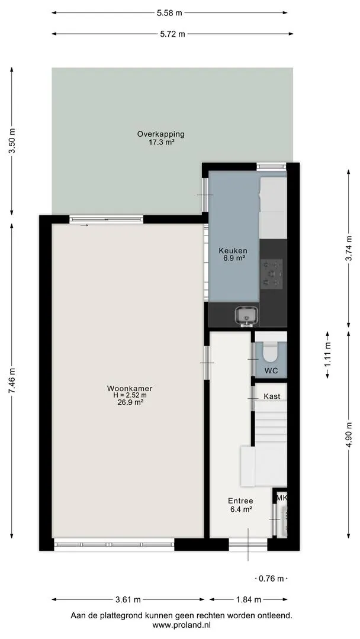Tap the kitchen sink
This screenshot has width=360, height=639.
pyautogui.click(x=247, y=316)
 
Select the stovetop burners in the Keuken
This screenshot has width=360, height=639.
pyautogui.click(x=272, y=273)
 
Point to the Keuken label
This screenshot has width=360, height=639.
pyautogui.click(x=233, y=251)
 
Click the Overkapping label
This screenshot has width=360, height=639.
pyautogui.click(x=161, y=134)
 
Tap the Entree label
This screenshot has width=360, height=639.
pyautogui.click(x=240, y=501)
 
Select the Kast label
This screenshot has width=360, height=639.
pyautogui.click(x=272, y=396)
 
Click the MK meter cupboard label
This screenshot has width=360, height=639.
pyautogui.click(x=282, y=498)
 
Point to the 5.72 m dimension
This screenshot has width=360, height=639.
pyautogui.click(x=173, y=34)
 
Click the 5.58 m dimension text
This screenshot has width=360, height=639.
pyautogui.click(x=169, y=12)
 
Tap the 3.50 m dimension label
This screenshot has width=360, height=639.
pyautogui.click(x=12, y=141)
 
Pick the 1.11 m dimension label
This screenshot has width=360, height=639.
pyautogui.click(x=327, y=354)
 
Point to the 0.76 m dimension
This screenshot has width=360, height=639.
pyautogui.click(x=272, y=579)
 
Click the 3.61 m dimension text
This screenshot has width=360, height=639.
pyautogui.click(x=128, y=599)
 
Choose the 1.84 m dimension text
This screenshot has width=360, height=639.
pyautogui.click(x=249, y=599)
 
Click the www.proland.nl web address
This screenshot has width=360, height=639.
pyautogui.click(x=182, y=624)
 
